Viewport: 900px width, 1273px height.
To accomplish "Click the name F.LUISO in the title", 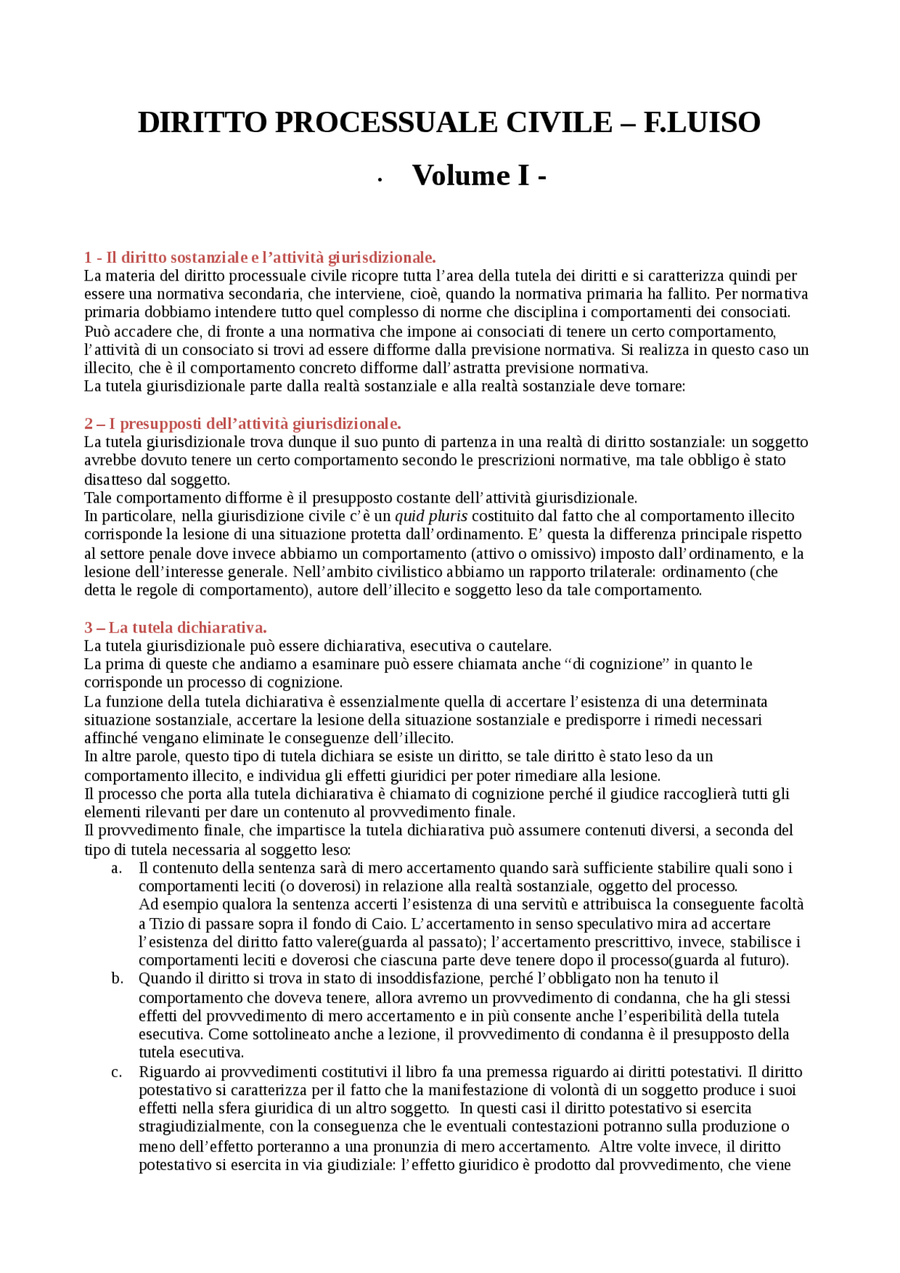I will [x=702, y=122].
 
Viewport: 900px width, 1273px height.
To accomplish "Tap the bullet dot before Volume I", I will [x=380, y=181].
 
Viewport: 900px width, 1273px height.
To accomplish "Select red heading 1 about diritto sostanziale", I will [x=259, y=257].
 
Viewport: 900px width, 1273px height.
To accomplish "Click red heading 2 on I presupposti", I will [x=243, y=424].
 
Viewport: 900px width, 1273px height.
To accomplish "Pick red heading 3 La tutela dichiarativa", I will [x=175, y=628].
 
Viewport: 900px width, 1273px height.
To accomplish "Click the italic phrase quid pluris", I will [x=431, y=517].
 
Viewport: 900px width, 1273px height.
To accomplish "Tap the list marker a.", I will [x=117, y=869].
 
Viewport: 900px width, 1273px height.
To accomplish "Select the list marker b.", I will [x=117, y=979].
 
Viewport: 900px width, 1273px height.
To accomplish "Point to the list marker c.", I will [x=117, y=1073].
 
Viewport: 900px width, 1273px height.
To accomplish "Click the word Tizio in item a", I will [x=165, y=924].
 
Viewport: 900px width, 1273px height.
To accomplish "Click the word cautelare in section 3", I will [x=520, y=646].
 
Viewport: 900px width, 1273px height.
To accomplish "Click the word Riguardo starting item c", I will [x=167, y=1073].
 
